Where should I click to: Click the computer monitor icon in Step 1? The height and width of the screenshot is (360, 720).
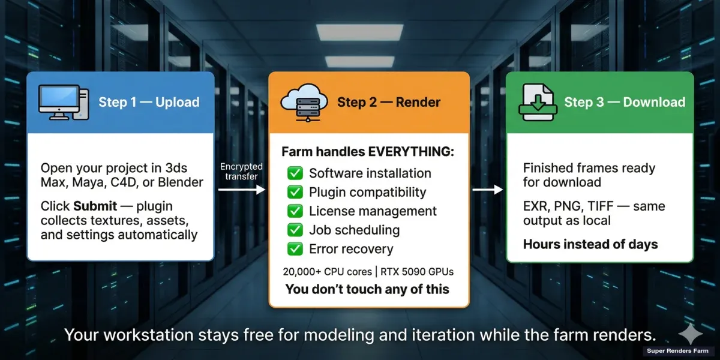coord(62,101)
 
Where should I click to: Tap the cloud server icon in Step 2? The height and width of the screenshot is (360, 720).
coord(301,102)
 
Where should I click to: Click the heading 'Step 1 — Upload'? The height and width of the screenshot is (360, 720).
coord(149,102)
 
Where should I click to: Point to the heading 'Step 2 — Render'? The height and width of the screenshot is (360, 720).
coord(389,102)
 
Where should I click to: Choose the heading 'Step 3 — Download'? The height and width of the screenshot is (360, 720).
coord(625,102)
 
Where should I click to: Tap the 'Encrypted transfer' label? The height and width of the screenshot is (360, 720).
coord(242,171)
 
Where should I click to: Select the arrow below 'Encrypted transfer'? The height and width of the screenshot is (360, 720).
coord(242,190)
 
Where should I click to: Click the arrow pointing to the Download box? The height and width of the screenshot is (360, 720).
coord(488,190)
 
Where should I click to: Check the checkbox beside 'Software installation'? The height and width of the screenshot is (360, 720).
coord(295,173)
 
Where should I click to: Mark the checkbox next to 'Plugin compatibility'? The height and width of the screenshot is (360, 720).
coord(295,192)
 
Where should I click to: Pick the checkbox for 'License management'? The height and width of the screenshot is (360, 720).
coord(295,211)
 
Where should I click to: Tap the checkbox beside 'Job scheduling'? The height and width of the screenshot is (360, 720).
coord(295,230)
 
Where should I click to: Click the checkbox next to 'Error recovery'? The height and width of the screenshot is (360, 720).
coord(295,249)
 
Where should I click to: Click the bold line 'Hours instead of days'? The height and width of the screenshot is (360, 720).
coord(590,244)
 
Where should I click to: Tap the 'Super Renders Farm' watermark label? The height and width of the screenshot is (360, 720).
coord(677,351)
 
